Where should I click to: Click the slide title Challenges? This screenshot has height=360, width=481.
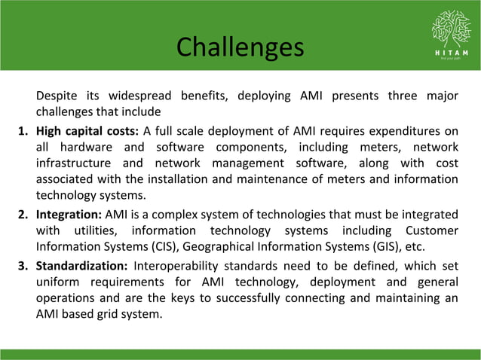pos(240,47)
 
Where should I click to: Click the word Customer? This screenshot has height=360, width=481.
pos(430,230)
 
